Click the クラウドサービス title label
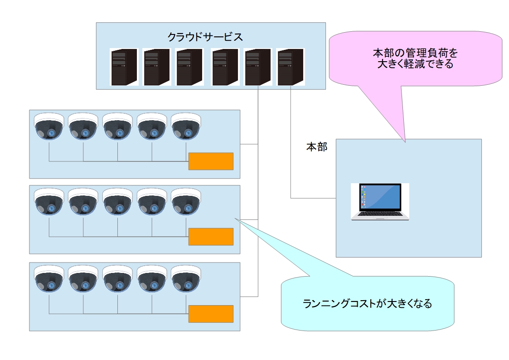tap(205, 37)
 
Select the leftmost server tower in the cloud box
tap(124, 67)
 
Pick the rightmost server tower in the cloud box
tap(291, 67)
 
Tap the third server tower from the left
tap(189, 67)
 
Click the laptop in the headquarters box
tap(380, 202)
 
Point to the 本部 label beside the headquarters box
tap(317, 147)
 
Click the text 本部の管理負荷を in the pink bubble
tap(415, 53)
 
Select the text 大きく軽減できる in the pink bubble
tap(415, 64)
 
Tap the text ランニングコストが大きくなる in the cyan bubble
tap(367, 303)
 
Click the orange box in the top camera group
tap(211, 161)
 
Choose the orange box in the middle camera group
tap(211, 237)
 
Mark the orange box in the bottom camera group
tap(211, 314)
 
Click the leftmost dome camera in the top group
tap(49, 126)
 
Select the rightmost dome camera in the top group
tap(186, 126)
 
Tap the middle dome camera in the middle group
tap(117, 202)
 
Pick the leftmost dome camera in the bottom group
tap(49, 278)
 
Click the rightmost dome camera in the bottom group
tap(186, 278)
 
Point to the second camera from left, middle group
tap(83, 202)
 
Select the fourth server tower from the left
tap(225, 67)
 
